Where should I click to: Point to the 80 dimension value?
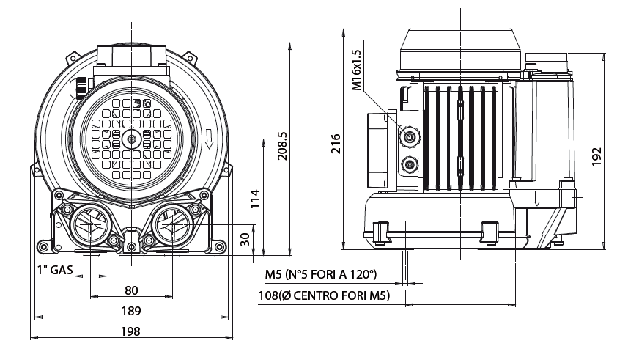(x=131, y=290)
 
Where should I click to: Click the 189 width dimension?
(x=131, y=311)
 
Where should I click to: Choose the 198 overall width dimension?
(x=131, y=331)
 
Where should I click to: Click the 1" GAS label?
(x=55, y=270)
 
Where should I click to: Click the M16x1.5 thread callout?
(x=357, y=70)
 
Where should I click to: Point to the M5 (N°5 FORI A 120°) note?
(x=320, y=275)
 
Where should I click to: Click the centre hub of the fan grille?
(x=131, y=139)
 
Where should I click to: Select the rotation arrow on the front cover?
(x=210, y=138)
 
